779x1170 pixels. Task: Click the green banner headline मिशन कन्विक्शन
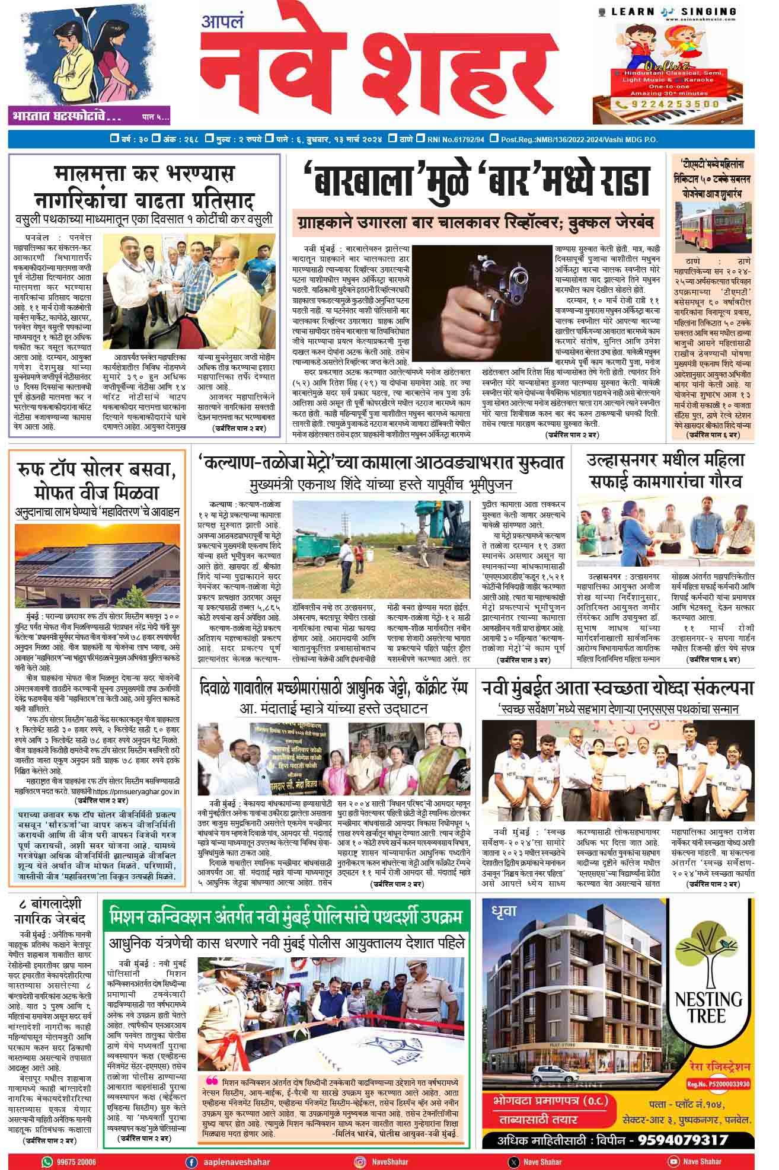click(286, 918)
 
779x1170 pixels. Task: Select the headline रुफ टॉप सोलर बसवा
click(98, 482)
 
